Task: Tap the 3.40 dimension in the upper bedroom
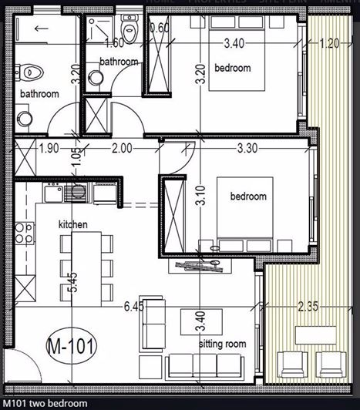coord(234,44)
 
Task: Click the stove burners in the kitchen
coord(25,228)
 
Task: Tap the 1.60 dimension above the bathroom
coord(113,44)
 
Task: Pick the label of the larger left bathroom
coord(39,94)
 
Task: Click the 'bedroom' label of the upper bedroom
coord(233,69)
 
